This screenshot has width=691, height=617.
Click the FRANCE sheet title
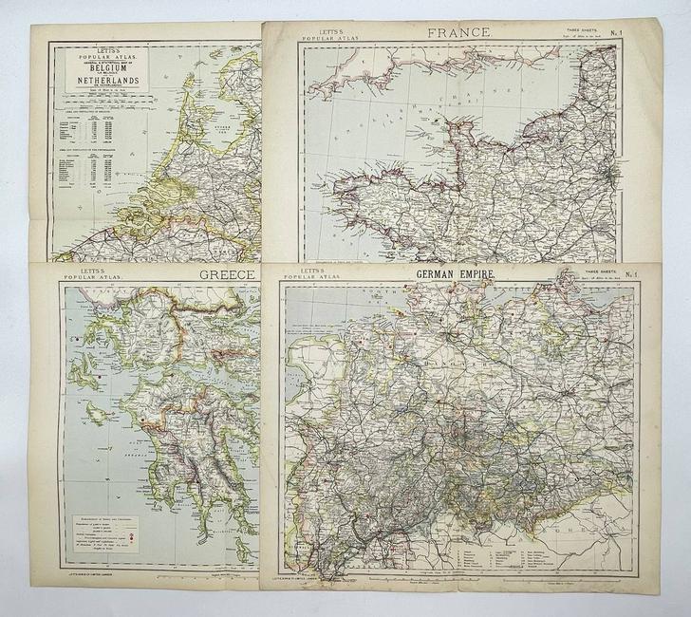[x=459, y=32]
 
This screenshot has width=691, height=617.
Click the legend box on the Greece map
[x=105, y=528]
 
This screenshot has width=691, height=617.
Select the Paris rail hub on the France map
[x=607, y=175]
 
